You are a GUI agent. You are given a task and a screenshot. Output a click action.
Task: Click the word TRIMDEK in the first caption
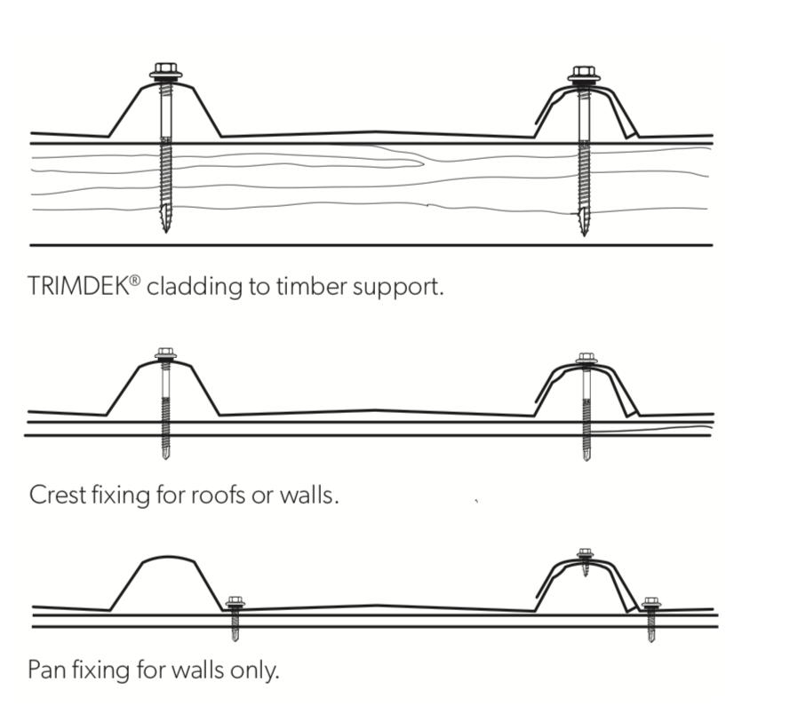(x=78, y=288)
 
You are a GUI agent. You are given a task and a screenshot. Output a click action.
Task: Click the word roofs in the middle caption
(x=219, y=493)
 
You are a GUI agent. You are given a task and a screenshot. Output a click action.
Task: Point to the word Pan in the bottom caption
(x=45, y=668)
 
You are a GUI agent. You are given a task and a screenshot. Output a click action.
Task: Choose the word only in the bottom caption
(x=256, y=668)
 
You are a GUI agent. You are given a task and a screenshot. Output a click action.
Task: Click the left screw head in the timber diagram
(x=165, y=70)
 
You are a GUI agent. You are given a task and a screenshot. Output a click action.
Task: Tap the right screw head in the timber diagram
(x=583, y=73)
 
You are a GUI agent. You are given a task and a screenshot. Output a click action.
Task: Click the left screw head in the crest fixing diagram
(x=165, y=353)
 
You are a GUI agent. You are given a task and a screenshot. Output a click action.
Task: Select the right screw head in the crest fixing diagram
(x=586, y=358)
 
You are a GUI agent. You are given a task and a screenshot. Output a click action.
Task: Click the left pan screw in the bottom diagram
(x=235, y=604)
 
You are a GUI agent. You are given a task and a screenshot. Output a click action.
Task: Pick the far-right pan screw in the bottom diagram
(x=651, y=604)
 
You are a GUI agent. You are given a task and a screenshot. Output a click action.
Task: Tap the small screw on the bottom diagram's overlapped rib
(x=585, y=556)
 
